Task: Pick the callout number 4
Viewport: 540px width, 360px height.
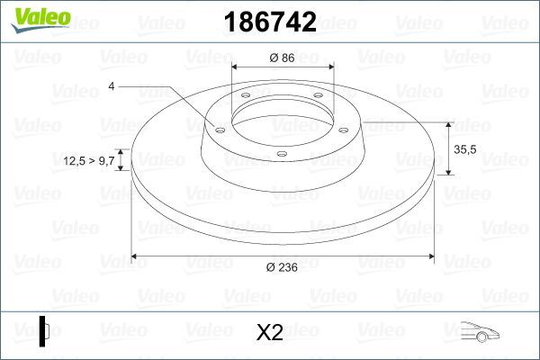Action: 111,85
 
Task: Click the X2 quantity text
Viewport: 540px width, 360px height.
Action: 270,333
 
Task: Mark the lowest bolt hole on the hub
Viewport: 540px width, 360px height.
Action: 282,154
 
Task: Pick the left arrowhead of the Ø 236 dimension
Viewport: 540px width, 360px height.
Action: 137,256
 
